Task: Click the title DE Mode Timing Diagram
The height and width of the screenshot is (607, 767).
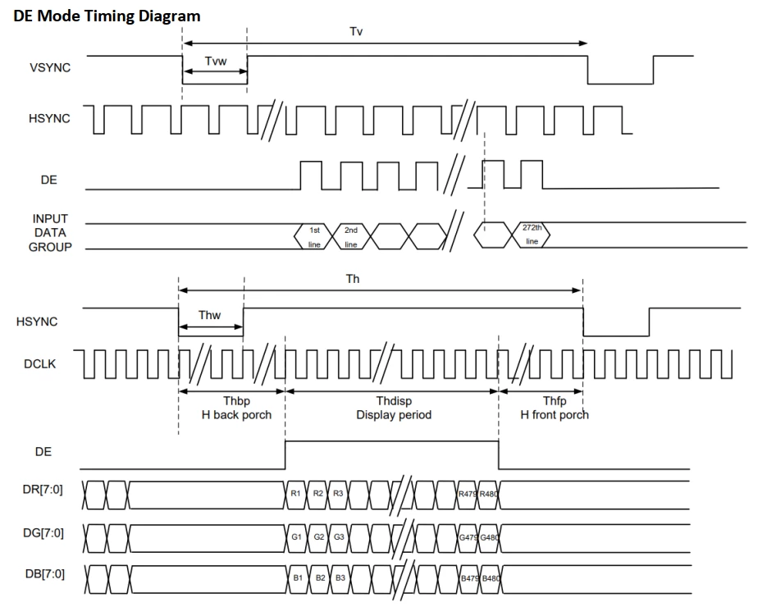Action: tap(107, 16)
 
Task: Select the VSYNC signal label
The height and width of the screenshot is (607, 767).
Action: tap(50, 67)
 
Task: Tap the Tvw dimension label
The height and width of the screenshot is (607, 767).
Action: tap(215, 62)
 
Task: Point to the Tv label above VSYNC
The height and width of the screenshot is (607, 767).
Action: tap(356, 31)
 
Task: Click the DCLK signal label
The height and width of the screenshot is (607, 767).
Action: tap(39, 364)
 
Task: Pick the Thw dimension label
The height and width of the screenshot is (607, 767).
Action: tap(209, 315)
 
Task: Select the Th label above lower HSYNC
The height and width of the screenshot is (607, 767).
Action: tap(353, 279)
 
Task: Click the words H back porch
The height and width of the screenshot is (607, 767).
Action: tap(236, 415)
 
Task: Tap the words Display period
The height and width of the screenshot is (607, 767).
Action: tap(394, 415)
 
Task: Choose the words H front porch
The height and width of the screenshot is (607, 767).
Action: tap(555, 415)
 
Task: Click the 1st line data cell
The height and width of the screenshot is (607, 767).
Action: tap(314, 236)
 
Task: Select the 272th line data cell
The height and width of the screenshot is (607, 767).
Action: tap(532, 235)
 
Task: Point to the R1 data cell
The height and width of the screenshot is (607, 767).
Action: tap(295, 494)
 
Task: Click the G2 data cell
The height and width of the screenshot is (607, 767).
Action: tap(319, 537)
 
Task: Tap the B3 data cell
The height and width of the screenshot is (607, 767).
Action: tap(340, 578)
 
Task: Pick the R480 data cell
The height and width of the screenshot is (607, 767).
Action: tap(489, 494)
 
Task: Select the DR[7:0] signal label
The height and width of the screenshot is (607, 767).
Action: tap(43, 490)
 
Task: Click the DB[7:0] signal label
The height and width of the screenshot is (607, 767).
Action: tap(44, 573)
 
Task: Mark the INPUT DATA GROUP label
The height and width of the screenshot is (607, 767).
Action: tap(50, 233)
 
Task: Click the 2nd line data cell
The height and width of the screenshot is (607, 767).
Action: tap(351, 236)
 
